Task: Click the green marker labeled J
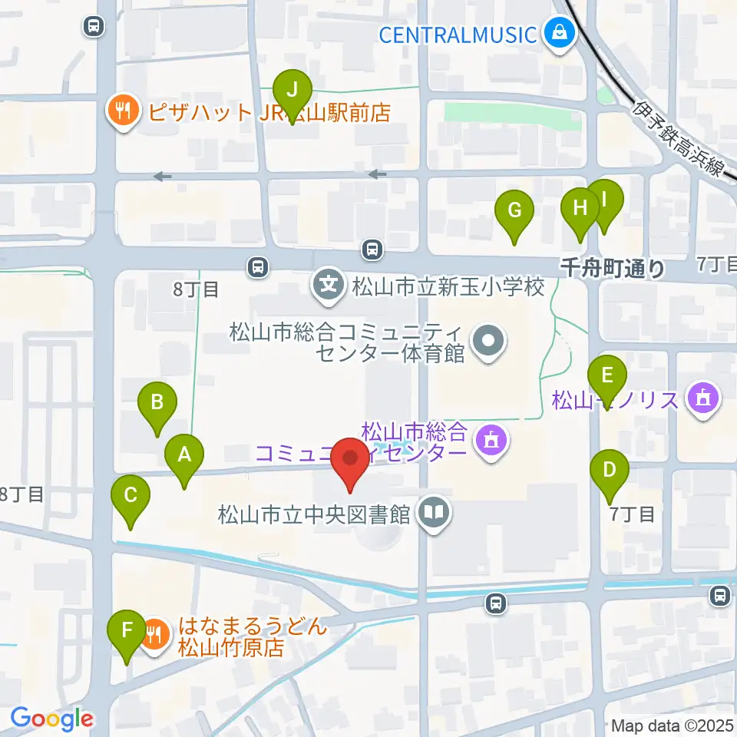click(292, 90)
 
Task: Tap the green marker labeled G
click(514, 210)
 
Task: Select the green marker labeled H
click(580, 207)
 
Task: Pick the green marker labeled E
click(607, 376)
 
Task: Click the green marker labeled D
click(610, 470)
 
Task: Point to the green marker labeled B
click(157, 402)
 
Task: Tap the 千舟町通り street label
click(613, 268)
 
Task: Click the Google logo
click(51, 719)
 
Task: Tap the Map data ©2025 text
click(673, 725)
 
